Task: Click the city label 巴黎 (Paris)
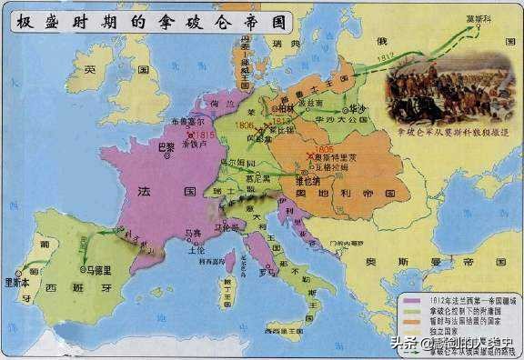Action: point(166,146)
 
